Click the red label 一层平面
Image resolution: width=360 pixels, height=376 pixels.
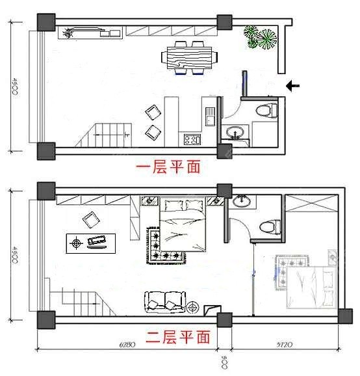pyautogui.click(x=167, y=167)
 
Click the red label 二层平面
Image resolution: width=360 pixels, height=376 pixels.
pyautogui.click(x=177, y=337)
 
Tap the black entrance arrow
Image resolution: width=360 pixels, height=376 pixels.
pyautogui.click(x=293, y=85)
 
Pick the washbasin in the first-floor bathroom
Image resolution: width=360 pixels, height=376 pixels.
pyautogui.click(x=234, y=133)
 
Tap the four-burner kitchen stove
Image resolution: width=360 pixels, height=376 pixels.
pyautogui.click(x=192, y=139)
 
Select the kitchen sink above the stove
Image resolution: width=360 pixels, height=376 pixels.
pyautogui.click(x=210, y=116)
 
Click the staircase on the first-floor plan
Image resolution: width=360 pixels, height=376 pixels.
pyautogui.click(x=104, y=135)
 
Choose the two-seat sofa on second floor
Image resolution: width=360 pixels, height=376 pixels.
pyautogui.click(x=165, y=301)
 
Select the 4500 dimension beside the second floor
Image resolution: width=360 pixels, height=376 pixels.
pyautogui.click(x=14, y=254)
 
